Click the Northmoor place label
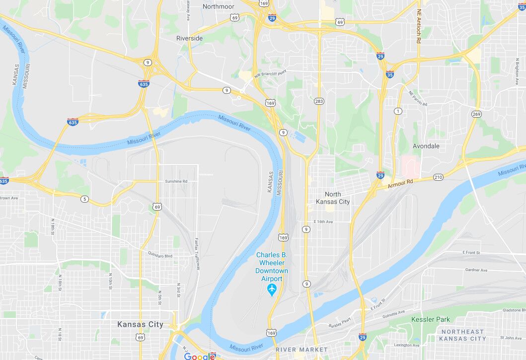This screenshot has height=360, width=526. pos(218,6)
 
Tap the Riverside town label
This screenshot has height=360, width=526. pos(189,38)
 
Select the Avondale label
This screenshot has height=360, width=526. pos(426,146)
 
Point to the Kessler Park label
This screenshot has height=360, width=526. pos(430,319)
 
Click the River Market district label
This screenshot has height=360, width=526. pos(301,350)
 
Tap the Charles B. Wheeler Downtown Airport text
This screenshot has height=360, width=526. pos(272,267)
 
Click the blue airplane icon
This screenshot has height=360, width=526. pos(272,289)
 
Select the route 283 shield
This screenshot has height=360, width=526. pos(319,101)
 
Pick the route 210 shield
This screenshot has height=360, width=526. pos(438,177)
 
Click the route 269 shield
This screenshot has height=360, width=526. pos(477,114)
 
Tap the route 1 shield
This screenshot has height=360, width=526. pos(397,111)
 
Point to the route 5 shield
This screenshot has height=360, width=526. pos(85,199)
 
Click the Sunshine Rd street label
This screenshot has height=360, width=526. pos(176,181)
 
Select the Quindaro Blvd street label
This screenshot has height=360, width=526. pos(160,255)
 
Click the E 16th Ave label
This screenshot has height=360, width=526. pos(323,221)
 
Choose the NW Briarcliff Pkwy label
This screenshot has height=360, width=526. pos(271,73)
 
